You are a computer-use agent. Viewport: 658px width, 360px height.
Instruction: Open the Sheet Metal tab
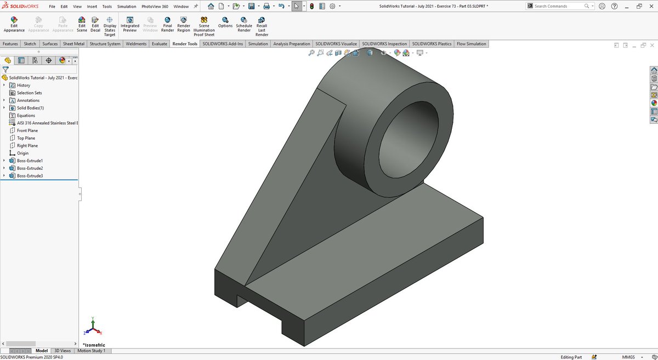coord(73,44)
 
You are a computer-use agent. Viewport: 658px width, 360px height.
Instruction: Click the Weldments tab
coord(136,44)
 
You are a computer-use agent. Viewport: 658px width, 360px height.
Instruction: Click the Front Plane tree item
coord(27,130)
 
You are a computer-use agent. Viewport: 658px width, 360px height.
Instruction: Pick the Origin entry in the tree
coord(22,153)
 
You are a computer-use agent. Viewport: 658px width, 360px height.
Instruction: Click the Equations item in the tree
coord(26,116)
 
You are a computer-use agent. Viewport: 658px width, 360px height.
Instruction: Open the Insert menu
coord(92,7)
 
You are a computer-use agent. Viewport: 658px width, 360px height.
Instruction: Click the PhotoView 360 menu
coord(155,7)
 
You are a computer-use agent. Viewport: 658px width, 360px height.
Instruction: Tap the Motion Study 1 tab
coord(91,351)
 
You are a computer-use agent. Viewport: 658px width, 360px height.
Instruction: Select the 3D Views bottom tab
coord(62,351)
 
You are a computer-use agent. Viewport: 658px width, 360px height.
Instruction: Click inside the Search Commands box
coord(557,6)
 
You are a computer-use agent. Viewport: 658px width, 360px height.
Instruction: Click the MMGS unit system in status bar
coord(628,357)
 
